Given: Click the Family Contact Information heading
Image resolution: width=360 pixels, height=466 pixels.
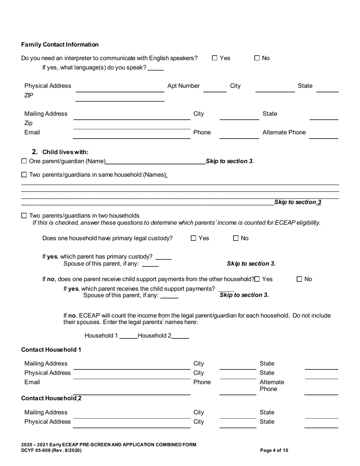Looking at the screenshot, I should [60, 45].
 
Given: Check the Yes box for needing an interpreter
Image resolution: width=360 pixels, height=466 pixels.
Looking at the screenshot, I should [214, 58].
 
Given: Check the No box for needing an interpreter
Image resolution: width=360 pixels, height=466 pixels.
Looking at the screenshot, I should [257, 58].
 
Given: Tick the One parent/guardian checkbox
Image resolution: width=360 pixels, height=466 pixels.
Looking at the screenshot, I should [24, 161].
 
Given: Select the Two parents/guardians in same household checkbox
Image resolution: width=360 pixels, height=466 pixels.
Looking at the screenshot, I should [24, 175].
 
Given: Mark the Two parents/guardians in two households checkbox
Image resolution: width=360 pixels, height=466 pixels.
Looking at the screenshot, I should [24, 216].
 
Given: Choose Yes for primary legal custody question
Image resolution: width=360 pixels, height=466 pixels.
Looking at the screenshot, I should [194, 238].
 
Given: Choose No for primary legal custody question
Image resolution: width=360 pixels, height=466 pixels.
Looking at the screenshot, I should [236, 238].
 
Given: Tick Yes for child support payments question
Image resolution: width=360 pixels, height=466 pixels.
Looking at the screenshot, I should [258, 279].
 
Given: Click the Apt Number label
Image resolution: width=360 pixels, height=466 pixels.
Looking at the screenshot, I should [183, 86].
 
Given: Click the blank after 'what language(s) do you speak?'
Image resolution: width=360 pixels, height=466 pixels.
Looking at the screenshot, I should [156, 69].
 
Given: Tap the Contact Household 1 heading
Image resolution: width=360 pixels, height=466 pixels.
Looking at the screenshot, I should [51, 349].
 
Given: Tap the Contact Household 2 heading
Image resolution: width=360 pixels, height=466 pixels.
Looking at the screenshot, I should [51, 398].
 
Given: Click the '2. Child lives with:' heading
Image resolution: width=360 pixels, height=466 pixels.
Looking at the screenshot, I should [60, 152].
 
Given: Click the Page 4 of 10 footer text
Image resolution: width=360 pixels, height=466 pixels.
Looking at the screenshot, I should [274, 450].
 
